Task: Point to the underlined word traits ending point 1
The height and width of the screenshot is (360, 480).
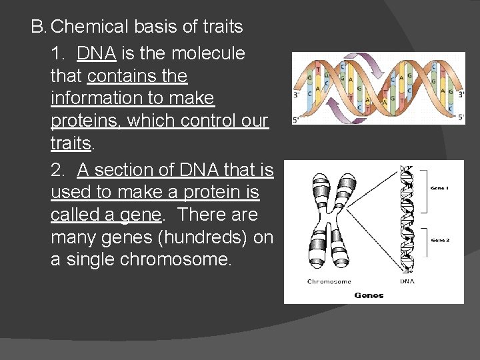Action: click(70, 144)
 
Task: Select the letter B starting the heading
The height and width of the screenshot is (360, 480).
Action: click(37, 27)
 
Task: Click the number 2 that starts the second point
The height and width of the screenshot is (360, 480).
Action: click(57, 170)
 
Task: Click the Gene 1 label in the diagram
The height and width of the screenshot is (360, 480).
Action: click(439, 188)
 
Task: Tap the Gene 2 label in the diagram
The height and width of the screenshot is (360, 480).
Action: click(440, 240)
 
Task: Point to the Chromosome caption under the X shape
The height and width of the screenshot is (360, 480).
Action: click(329, 282)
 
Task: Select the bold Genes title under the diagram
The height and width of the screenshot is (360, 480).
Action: click(369, 295)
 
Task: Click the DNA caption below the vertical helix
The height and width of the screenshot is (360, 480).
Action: click(407, 282)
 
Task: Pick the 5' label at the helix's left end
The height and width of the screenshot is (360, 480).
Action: click(297, 121)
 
